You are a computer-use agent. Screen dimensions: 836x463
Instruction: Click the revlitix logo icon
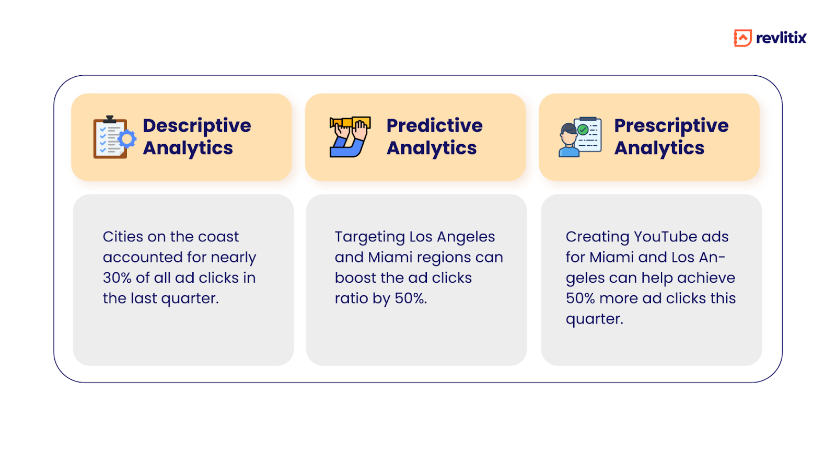[742, 38]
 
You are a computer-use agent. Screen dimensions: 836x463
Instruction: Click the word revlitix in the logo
[781, 38]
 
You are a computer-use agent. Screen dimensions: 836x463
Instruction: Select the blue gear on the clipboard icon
[127, 140]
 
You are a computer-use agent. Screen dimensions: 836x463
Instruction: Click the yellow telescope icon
[350, 137]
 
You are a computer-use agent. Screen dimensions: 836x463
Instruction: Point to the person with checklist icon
[580, 137]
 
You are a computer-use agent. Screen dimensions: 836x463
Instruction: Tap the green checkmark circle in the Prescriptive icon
[583, 130]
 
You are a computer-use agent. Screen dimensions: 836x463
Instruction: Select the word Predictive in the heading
[434, 125]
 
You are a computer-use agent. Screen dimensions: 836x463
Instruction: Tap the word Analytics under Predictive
[432, 148]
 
